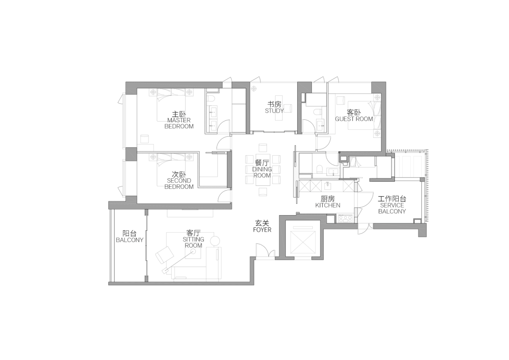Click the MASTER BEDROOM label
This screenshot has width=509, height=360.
(179, 120)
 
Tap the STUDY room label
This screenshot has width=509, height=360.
(274, 108)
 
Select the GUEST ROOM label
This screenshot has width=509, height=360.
(354, 116)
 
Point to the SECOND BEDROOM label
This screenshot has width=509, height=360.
(179, 180)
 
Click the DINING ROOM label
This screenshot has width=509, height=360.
(262, 169)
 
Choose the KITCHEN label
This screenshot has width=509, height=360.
(328, 201)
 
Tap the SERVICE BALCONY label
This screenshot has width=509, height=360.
(392, 204)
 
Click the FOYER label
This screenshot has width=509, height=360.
(262, 226)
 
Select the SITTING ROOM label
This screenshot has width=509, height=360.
(193, 239)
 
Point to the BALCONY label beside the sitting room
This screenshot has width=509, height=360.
(130, 237)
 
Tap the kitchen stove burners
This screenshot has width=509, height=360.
(345, 218)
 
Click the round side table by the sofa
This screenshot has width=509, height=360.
(215, 241)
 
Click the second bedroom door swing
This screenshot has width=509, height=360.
(225, 196)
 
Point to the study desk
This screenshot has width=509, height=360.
(279, 108)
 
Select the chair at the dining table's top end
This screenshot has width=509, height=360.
(262, 147)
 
